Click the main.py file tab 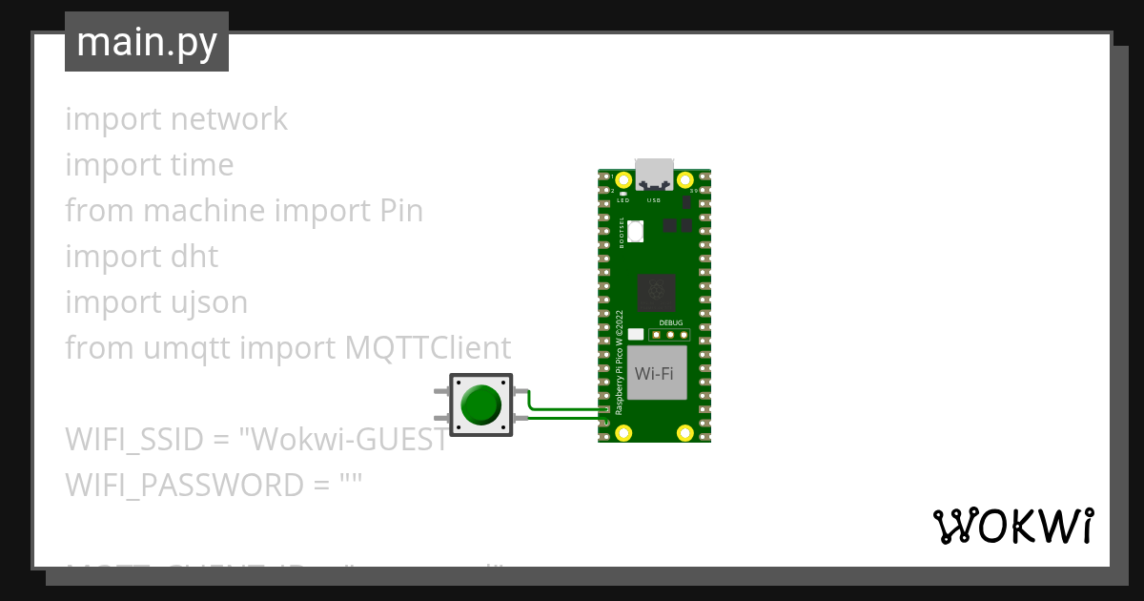coord(147,42)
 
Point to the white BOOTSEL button coord(636,230)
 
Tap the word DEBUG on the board coord(671,323)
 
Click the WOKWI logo coord(1012,526)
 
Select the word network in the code coord(229,119)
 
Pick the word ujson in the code coord(206,302)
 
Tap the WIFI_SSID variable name coord(133,440)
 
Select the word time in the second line coord(201,165)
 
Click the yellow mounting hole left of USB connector coord(623,179)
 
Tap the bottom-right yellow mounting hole coord(684,433)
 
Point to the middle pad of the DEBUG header coord(671,335)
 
